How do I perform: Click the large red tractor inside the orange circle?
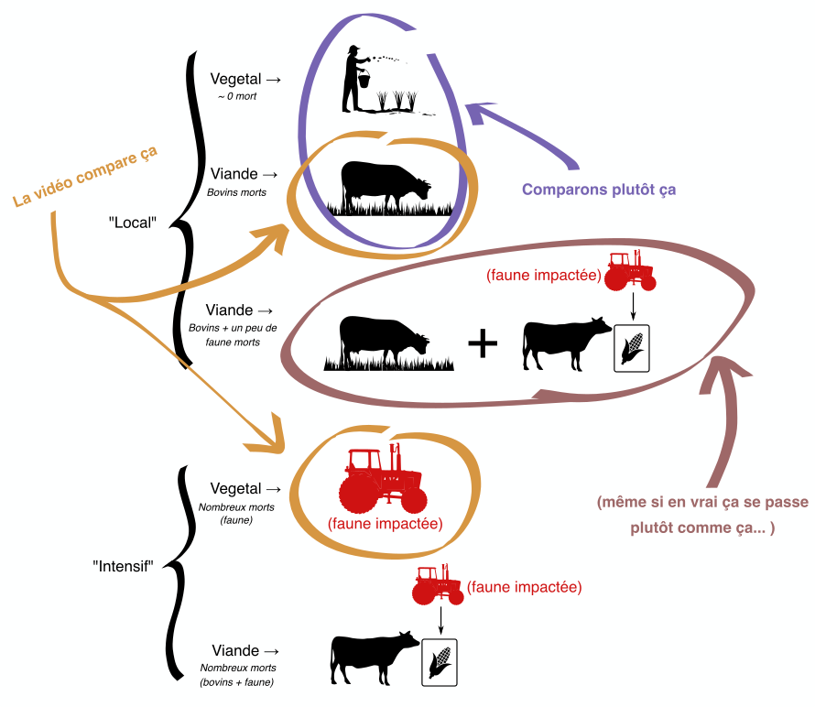(383, 480)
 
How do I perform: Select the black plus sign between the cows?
(483, 344)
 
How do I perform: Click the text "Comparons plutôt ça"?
(599, 190)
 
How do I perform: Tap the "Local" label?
(134, 222)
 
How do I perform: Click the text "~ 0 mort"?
(236, 96)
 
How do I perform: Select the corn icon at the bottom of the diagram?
(439, 659)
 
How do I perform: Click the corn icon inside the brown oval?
(631, 348)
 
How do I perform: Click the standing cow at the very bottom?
(371, 658)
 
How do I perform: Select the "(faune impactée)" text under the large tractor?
(385, 525)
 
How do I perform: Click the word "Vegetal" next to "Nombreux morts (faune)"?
(235, 489)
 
